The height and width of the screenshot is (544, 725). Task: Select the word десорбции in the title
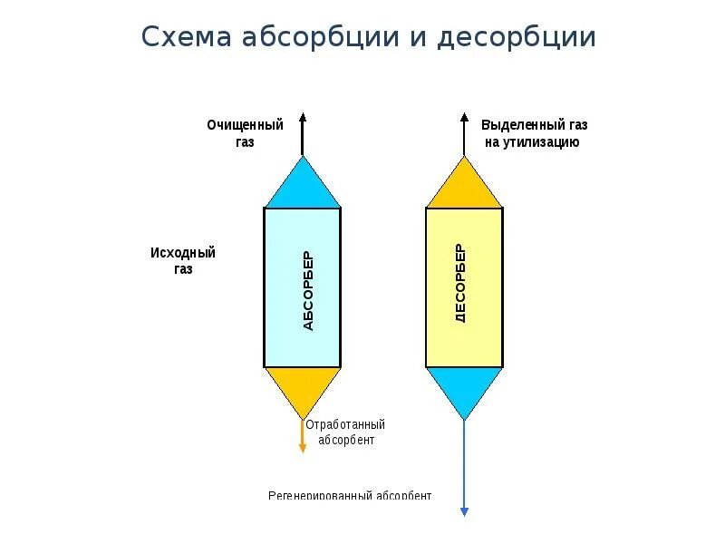click(517, 38)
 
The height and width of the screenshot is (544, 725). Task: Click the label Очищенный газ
click(245, 133)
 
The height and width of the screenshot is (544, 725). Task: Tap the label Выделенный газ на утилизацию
click(534, 133)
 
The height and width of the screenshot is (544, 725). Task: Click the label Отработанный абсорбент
click(345, 432)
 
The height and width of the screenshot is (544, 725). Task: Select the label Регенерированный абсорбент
click(350, 496)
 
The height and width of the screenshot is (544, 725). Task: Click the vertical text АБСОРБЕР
click(307, 289)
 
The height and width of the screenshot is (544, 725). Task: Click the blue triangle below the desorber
click(464, 387)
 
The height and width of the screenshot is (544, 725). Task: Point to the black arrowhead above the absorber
click(303, 116)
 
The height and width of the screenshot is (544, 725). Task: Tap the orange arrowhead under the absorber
click(303, 447)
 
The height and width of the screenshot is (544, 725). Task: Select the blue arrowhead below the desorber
click(464, 511)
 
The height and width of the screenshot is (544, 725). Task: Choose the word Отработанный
click(345, 424)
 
